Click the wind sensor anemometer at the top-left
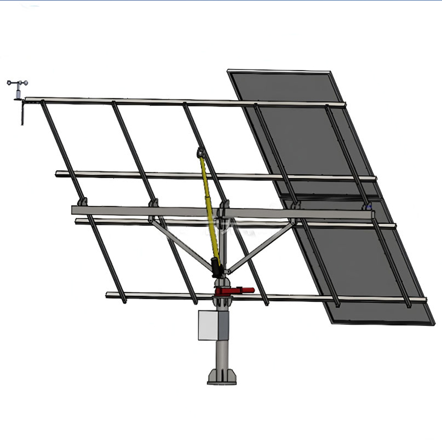[17, 85]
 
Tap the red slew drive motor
[235, 290]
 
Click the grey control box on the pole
[210, 327]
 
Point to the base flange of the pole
[222, 377]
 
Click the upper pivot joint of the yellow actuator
[200, 152]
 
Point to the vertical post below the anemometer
[22, 113]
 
